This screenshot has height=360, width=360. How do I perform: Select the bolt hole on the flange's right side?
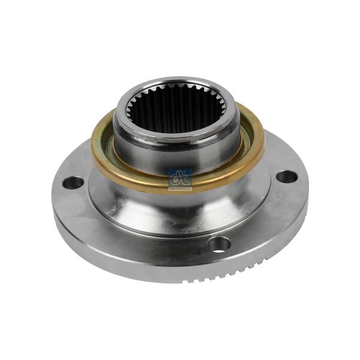click(x=287, y=176)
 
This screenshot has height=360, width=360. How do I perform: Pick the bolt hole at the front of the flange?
click(x=220, y=244)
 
